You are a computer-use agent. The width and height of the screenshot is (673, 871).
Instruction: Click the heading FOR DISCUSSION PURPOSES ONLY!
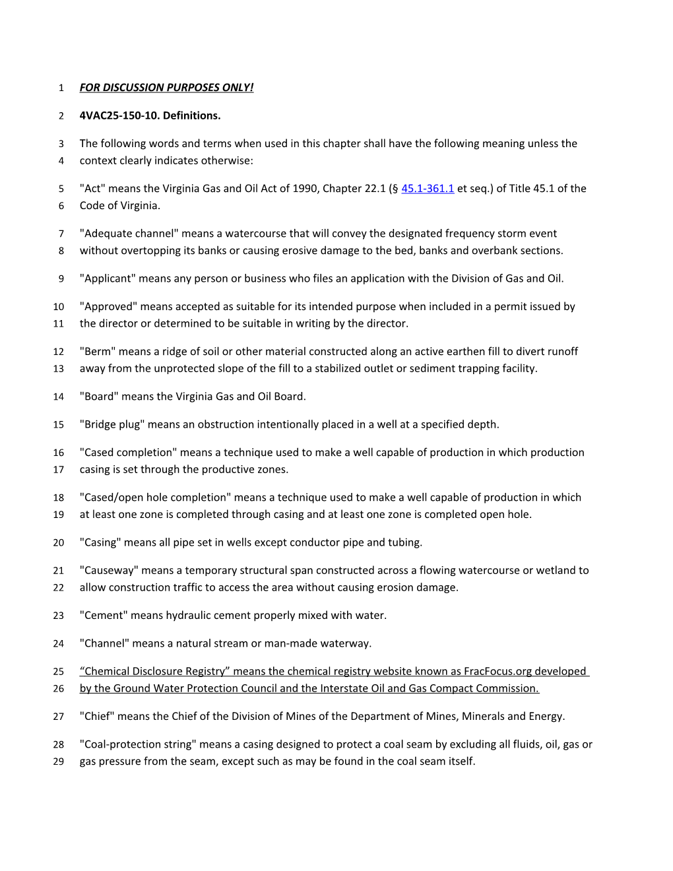coord(166,88)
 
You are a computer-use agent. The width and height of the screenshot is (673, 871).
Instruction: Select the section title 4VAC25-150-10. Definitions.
coord(150,115)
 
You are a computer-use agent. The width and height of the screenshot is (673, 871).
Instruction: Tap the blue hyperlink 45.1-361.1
coord(428,189)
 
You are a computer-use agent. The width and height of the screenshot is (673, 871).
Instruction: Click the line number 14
coord(59,397)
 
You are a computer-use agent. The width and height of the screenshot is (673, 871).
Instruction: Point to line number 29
coord(59,761)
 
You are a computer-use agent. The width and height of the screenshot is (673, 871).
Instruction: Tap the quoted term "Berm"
coord(97,352)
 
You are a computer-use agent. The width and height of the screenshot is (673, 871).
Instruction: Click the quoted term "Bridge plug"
coord(112,424)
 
